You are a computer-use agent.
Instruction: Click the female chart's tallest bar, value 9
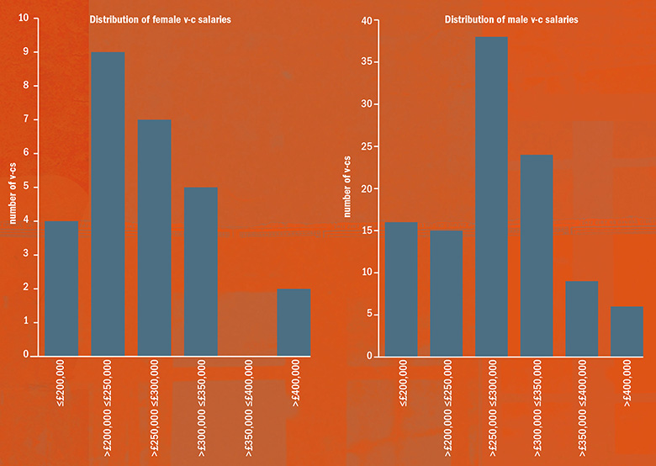[x=108, y=204]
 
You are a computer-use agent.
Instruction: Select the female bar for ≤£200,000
[x=62, y=288]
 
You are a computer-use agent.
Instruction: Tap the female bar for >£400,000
[x=294, y=321]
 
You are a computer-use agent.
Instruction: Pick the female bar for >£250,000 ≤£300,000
[x=155, y=237]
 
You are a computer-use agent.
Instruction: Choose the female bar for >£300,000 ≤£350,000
[x=201, y=271]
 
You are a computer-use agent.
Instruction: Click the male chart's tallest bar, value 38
[x=491, y=196]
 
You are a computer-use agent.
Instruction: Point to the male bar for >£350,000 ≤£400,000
[x=582, y=318]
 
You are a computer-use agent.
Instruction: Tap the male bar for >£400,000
[x=627, y=331]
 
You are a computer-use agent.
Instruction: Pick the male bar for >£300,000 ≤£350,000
[x=537, y=255]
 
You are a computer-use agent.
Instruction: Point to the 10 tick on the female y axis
[x=23, y=18]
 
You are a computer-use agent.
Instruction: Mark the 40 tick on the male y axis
[x=366, y=21]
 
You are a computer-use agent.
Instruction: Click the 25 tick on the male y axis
[x=366, y=146]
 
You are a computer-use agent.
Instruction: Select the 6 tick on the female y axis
[x=24, y=153]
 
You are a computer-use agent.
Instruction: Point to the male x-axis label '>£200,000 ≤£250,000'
[x=446, y=406]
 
